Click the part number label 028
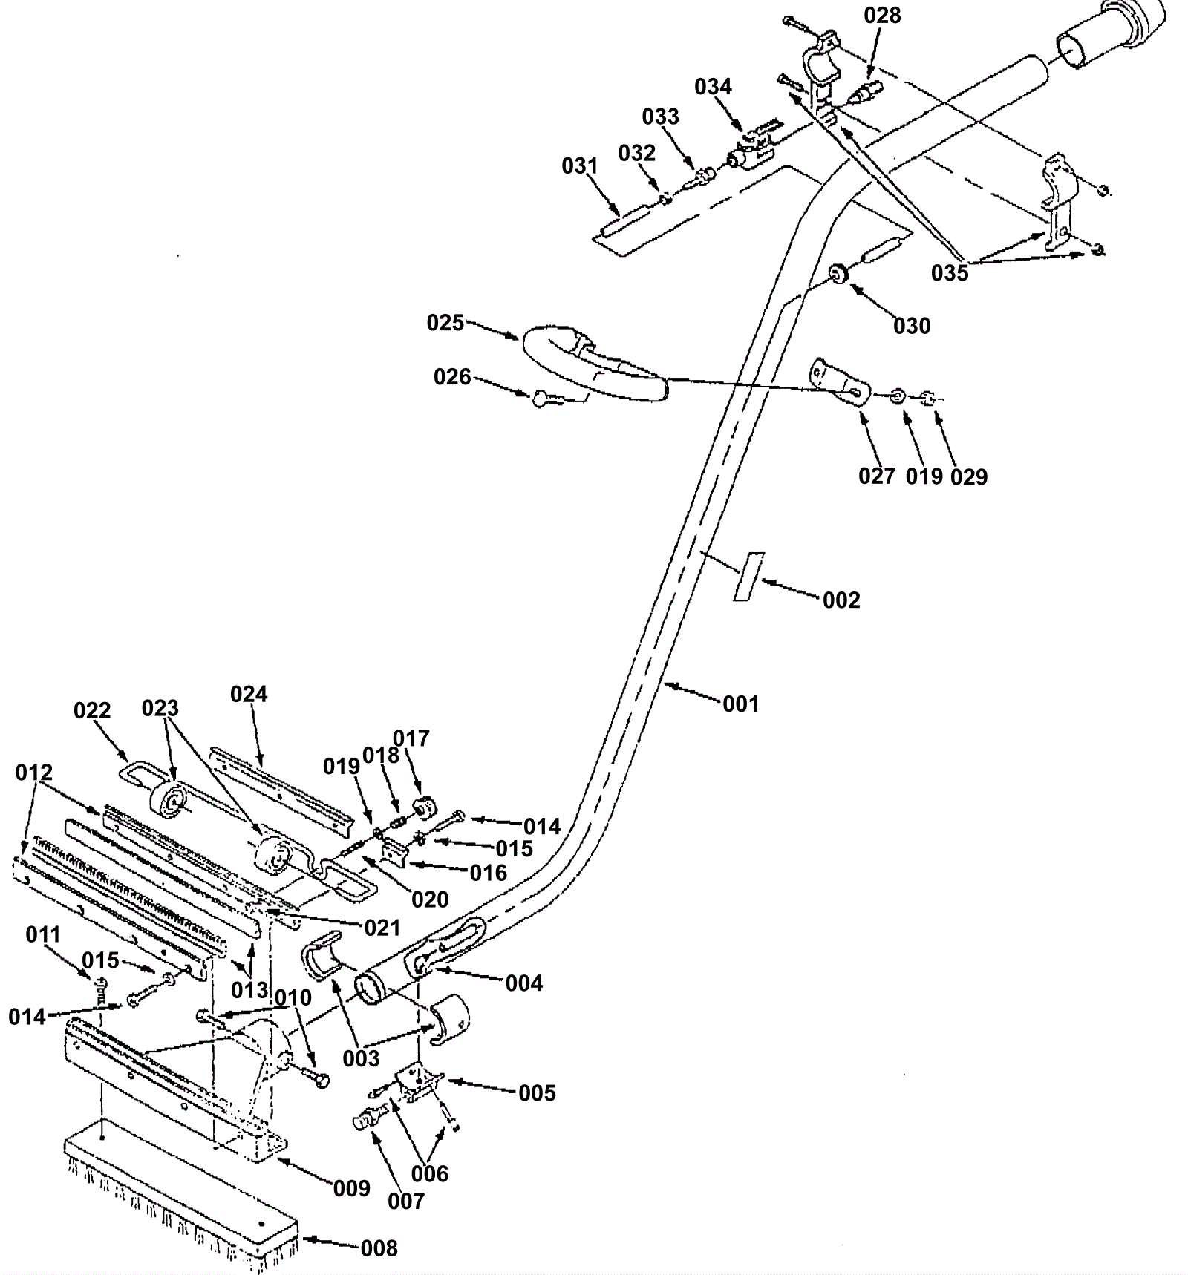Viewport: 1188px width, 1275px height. pos(882,16)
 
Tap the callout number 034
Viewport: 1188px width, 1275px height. pos(713,87)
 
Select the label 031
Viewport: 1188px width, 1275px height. pos(580,165)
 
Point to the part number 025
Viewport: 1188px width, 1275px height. pos(445,323)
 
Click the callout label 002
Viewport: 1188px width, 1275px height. pos(841,600)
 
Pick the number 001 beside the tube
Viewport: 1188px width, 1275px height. pos(741,704)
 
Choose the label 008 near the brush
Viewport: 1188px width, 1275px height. pos(379,1248)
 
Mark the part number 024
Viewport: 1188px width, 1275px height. pos(249,694)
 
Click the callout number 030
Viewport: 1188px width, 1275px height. pos(912,326)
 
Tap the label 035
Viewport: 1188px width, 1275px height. pos(950,273)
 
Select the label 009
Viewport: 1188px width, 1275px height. pos(351,1188)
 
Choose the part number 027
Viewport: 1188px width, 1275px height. pos(877,476)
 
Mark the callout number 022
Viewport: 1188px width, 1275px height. pos(92,711)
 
